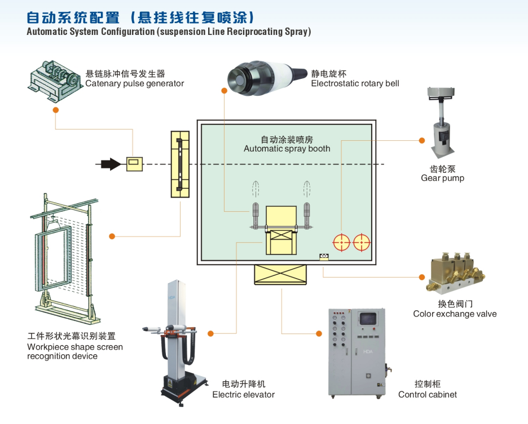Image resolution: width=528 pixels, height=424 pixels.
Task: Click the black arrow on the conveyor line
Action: coord(111,164)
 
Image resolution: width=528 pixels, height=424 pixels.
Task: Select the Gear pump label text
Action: coord(442,178)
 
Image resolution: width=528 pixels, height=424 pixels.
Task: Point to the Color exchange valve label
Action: coord(455,314)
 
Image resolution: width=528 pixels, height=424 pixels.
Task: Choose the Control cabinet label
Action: coord(428,394)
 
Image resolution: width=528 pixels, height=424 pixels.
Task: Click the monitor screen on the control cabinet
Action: coord(367,318)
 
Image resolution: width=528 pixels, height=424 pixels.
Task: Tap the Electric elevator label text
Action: coord(243,394)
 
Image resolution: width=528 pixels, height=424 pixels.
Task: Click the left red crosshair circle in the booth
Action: coord(342,243)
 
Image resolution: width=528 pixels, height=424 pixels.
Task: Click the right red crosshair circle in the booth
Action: coord(361,243)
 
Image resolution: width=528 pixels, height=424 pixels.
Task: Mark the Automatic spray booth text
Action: coord(287,149)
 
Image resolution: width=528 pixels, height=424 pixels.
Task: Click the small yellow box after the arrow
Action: coord(134,164)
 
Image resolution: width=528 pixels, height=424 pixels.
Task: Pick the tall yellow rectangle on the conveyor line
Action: coord(180,164)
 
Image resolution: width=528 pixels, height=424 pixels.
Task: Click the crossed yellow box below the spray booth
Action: coord(281,274)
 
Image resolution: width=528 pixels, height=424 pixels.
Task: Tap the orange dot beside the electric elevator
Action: coord(210,334)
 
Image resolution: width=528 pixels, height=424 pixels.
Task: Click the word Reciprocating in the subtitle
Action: coord(254,32)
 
